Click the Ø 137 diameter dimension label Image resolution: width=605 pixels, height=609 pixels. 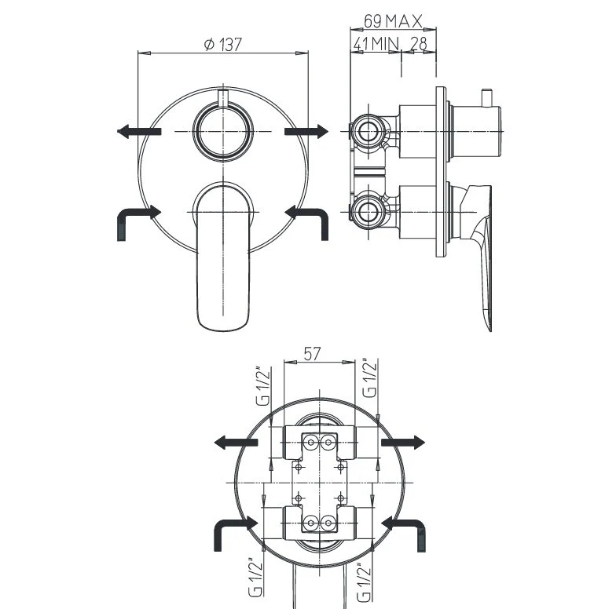coord(223,44)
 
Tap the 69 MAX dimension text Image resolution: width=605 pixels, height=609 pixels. coord(393,21)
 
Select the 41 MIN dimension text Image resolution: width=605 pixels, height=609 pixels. coord(376,44)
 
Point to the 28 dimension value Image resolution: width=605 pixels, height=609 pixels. coord(419,44)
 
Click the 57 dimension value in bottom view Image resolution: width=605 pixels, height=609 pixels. coord(312,354)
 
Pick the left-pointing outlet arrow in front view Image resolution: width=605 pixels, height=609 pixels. coord(139,132)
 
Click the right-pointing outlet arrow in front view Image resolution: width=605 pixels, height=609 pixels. coord(306,132)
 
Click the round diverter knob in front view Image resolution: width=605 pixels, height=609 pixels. coord(223,132)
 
